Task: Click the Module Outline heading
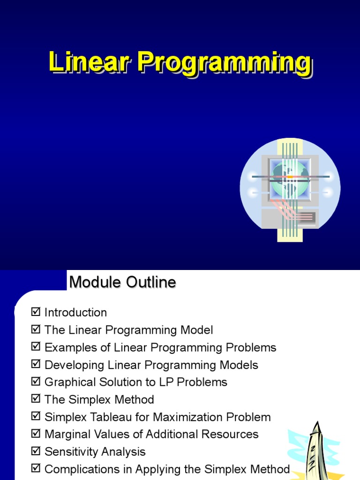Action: pos(122,282)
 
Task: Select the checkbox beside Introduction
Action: pos(36,312)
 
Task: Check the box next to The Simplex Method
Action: pos(36,399)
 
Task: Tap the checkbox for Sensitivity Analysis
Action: pos(36,451)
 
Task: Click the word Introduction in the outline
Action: pos(75,313)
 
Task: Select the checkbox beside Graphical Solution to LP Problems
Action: pos(36,382)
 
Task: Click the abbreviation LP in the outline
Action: pos(181,382)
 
